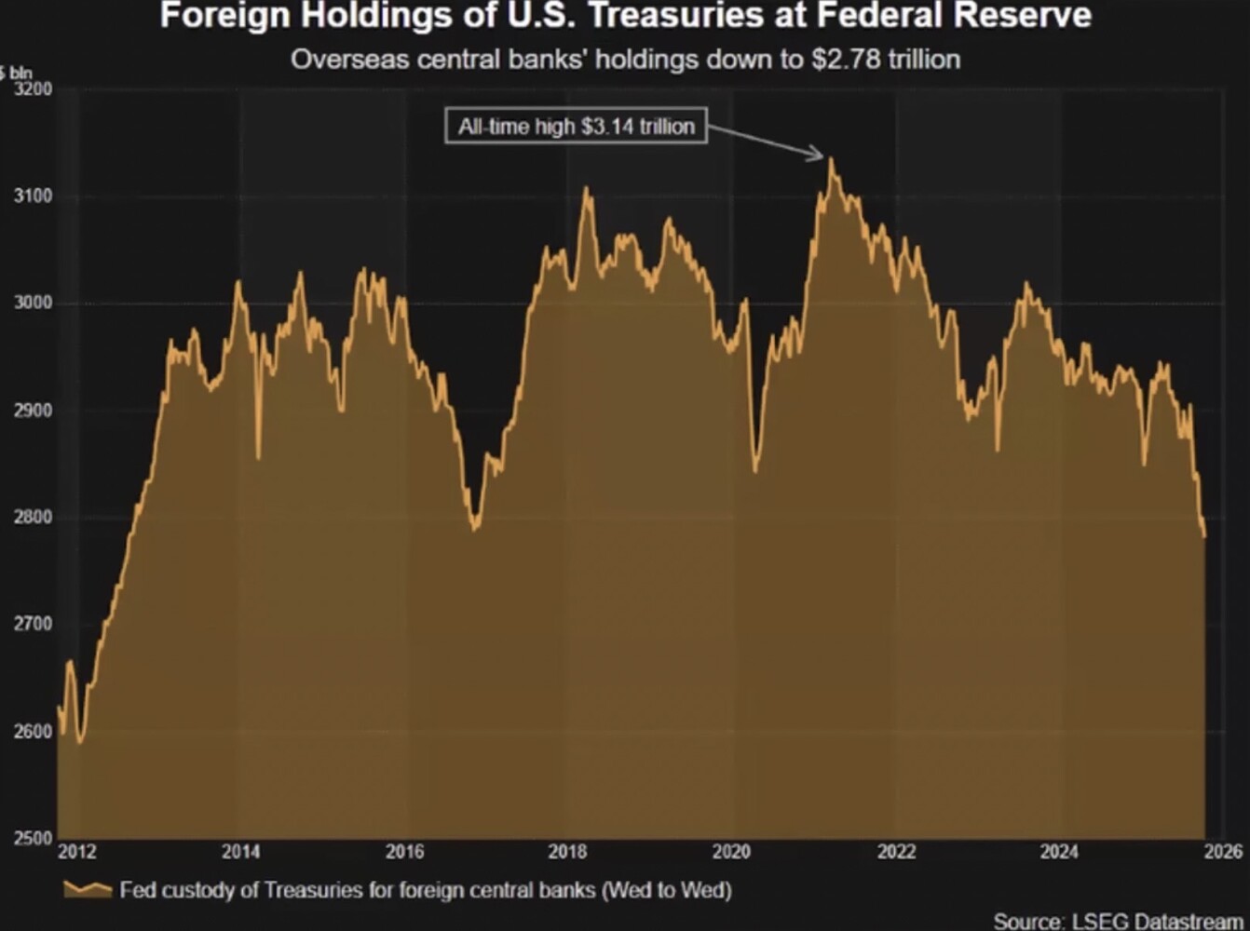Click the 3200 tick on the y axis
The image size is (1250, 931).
pyautogui.click(x=34, y=89)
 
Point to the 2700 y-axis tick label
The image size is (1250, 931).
pyautogui.click(x=34, y=624)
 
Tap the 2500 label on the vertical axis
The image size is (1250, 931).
pyautogui.click(x=34, y=838)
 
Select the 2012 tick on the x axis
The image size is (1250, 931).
pyautogui.click(x=76, y=852)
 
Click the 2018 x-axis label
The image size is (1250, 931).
pyautogui.click(x=567, y=852)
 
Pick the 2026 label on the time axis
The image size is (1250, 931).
pyautogui.click(x=1223, y=852)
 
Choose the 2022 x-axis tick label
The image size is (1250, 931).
pyautogui.click(x=896, y=852)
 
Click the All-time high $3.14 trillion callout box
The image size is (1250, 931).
pyautogui.click(x=576, y=127)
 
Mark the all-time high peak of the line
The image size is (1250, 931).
pyautogui.click(x=831, y=160)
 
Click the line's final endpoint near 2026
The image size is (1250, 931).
pyautogui.click(x=1204, y=536)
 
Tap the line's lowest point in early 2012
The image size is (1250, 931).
pyautogui.click(x=80, y=741)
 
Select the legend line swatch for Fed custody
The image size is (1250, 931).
pyautogui.click(x=88, y=890)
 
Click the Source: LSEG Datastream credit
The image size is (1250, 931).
pyautogui.click(x=1118, y=921)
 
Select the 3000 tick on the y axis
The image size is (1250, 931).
pyautogui.click(x=34, y=304)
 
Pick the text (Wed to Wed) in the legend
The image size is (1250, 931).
pyautogui.click(x=667, y=890)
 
